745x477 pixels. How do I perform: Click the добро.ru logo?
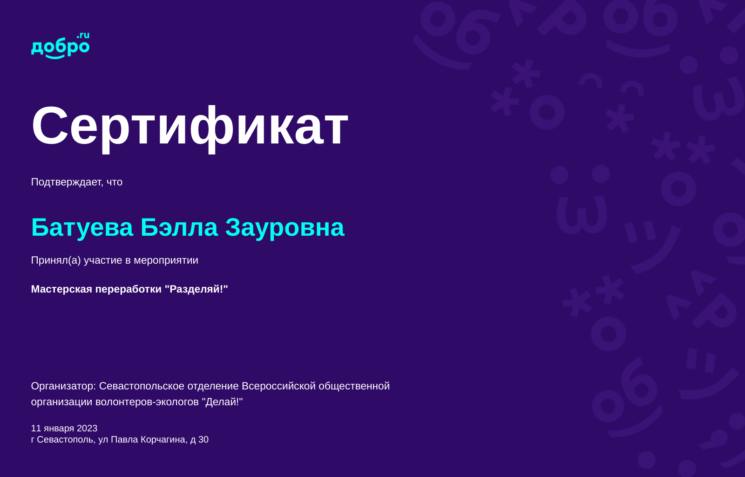(60, 46)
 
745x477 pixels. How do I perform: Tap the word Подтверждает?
(67, 182)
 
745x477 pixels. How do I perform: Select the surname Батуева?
(82, 228)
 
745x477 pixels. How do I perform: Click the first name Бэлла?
(179, 227)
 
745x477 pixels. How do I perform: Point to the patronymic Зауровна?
(284, 228)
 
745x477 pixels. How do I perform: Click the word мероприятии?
(166, 260)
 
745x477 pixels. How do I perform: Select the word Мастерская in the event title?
(61, 289)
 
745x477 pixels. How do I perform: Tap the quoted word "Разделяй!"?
(196, 289)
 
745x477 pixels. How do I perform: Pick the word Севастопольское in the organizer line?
(142, 386)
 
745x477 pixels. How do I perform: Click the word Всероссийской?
(279, 386)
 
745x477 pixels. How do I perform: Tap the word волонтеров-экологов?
(147, 402)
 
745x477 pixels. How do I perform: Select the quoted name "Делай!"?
(223, 402)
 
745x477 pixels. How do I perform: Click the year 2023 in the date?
(87, 429)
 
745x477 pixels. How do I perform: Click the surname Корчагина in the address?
(164, 440)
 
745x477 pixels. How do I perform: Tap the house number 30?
(203, 440)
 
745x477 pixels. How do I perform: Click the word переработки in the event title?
(129, 289)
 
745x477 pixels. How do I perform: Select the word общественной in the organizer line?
(354, 386)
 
